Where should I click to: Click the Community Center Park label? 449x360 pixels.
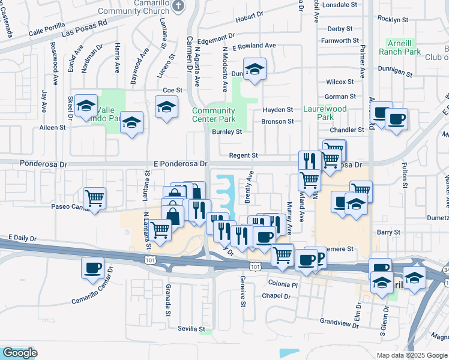click(214, 115)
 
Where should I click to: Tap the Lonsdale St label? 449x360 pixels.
click(340, 5)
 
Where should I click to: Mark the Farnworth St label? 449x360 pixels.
click(340, 41)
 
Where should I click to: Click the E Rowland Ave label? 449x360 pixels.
click(254, 46)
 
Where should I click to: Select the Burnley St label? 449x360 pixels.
click(227, 132)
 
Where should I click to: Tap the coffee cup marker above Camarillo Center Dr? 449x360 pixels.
click(92, 268)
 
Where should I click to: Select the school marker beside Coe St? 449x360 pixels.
click(166, 107)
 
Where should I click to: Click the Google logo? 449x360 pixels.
click(20, 353)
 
